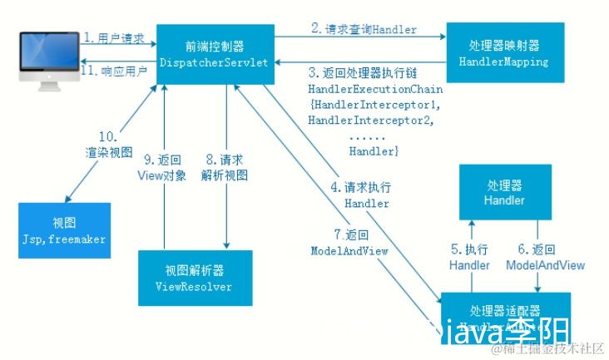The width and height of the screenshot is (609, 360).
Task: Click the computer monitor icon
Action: click(x=46, y=55)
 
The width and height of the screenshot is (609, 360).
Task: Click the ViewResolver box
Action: click(x=197, y=278)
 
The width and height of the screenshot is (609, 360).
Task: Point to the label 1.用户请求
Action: click(x=115, y=38)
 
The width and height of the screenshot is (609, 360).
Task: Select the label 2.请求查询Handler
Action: click(x=364, y=29)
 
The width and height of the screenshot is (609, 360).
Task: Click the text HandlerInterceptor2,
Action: click(x=375, y=120)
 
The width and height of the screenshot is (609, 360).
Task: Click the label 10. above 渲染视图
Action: click(x=109, y=136)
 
